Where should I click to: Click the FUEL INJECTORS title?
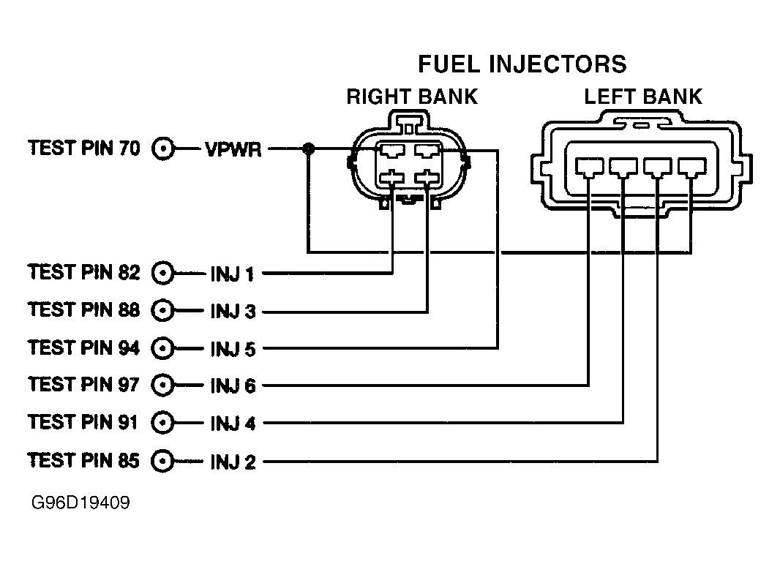[x=522, y=64]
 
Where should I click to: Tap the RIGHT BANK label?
[x=412, y=97]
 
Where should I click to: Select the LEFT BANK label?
[x=642, y=97]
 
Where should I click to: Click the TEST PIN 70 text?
[x=83, y=148]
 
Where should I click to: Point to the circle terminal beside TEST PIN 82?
[x=162, y=274]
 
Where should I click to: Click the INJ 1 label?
[x=232, y=274]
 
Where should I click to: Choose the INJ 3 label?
[x=233, y=312]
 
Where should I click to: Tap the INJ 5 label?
[x=233, y=349]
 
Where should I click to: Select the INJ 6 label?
[x=233, y=386]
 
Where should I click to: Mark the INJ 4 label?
[x=233, y=424]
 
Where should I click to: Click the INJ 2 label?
[x=233, y=462]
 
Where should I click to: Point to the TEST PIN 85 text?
[x=83, y=460]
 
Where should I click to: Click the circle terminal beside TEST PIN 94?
[x=162, y=348]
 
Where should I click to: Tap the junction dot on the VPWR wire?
[x=308, y=150]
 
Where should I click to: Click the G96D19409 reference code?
[x=80, y=504]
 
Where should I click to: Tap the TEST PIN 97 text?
[x=83, y=383]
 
